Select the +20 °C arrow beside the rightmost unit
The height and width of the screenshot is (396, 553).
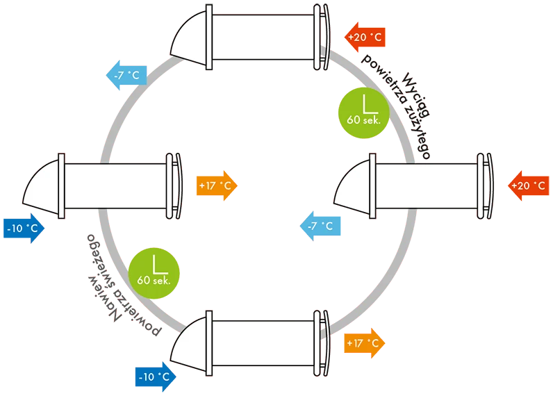(529, 186)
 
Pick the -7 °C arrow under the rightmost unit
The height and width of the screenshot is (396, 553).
(320, 226)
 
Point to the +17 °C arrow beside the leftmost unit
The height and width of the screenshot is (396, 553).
(217, 186)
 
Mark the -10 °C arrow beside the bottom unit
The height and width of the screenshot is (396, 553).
(155, 377)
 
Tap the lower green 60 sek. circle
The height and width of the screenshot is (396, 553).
(154, 270)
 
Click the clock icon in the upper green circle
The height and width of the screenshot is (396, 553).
(361, 104)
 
